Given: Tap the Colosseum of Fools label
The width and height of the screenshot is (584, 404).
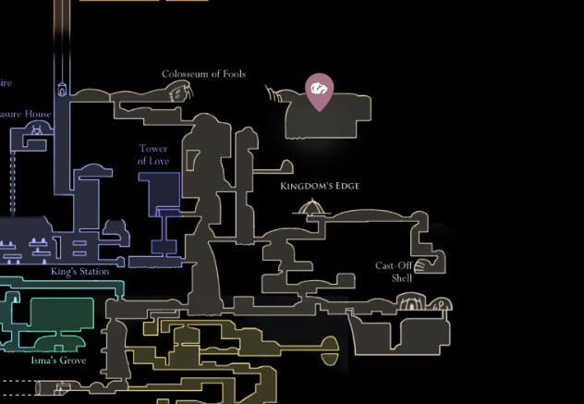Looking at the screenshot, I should click(203, 74).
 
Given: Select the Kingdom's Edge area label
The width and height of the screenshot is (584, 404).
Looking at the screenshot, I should click(319, 186).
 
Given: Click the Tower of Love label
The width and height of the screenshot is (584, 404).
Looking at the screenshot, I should click(154, 154).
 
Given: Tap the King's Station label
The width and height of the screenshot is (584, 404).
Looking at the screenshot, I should click(80, 272).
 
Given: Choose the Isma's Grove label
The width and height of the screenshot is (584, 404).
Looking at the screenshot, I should click(58, 360).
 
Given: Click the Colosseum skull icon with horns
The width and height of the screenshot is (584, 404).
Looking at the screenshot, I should click(179, 92).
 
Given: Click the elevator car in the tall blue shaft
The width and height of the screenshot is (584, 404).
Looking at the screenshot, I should click(63, 91).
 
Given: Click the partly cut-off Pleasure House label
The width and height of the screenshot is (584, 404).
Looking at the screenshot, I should click(26, 115).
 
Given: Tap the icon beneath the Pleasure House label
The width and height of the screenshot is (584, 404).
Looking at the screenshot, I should click(37, 130).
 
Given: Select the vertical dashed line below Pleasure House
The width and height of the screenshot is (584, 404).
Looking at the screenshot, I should click(13, 185).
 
